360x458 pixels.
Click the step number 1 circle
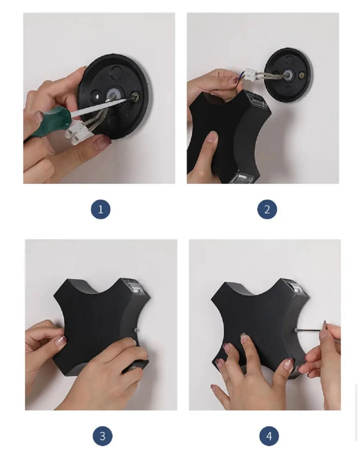click(101, 209)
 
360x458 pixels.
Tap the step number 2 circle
click(267, 209)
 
